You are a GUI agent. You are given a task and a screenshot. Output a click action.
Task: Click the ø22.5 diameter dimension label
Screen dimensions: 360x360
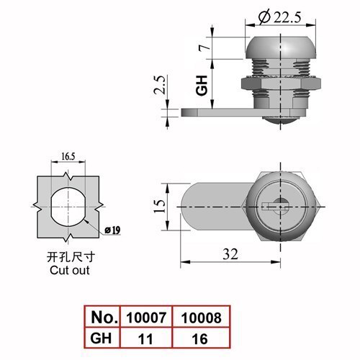[x=279, y=17]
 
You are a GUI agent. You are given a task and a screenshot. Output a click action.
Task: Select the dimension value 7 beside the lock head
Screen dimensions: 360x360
[x=204, y=48]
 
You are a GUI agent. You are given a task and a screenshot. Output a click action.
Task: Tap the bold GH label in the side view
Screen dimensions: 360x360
[x=202, y=86]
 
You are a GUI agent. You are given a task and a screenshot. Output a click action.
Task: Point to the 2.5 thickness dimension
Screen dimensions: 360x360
[x=160, y=85]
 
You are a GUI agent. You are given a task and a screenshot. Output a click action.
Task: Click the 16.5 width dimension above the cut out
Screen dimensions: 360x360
[x=68, y=156]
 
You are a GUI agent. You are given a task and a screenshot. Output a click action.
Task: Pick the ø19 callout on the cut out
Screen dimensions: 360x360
[x=112, y=230]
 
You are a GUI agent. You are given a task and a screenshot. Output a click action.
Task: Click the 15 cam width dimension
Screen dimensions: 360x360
[x=160, y=206]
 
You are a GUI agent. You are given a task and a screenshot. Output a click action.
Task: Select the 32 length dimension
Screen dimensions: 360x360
[x=230, y=254]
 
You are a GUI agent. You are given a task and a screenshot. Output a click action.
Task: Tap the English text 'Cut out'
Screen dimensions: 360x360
[x=70, y=270]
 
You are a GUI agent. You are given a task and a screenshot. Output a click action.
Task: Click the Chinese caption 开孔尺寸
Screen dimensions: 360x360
[x=71, y=258]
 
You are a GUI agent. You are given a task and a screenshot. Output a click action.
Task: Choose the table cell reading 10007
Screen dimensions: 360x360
[x=146, y=318]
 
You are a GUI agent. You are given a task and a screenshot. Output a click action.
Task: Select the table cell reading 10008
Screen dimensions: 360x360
[x=202, y=318]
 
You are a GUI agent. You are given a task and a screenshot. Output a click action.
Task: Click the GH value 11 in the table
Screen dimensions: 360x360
[x=145, y=339]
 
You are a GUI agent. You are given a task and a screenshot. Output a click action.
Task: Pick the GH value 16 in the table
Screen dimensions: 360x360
[x=199, y=339]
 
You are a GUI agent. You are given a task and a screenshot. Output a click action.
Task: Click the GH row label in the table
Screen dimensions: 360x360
[x=101, y=338]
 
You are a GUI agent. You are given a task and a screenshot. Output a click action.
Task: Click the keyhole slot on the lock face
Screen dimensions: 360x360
[x=274, y=207]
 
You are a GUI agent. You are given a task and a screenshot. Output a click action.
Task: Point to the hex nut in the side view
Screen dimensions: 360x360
[x=281, y=83]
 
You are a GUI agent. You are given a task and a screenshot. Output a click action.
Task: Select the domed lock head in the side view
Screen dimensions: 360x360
[x=281, y=48]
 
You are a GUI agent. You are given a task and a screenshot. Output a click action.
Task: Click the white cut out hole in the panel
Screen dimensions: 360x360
[x=68, y=207]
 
